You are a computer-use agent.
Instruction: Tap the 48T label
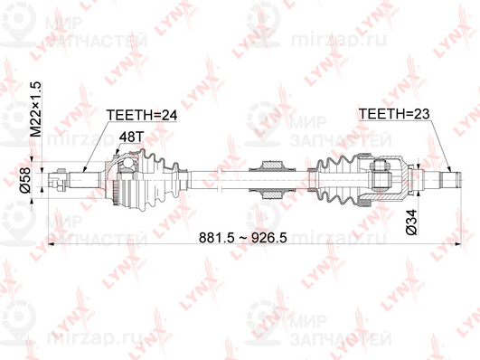tap(132, 137)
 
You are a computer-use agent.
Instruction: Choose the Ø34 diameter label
tap(411, 223)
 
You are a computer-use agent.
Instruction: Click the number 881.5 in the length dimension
tap(223, 239)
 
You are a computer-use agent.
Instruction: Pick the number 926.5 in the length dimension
tap(287, 239)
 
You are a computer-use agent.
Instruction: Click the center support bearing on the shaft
tap(271, 178)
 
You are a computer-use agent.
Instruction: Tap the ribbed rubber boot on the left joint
tap(160, 178)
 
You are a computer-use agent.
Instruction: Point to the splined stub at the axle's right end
tap(443, 178)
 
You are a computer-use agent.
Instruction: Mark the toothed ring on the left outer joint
tap(113, 178)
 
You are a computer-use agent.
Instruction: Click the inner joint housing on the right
tap(389, 178)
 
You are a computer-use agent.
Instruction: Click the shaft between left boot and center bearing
tap(221, 178)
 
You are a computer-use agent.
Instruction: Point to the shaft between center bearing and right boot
tap(301, 178)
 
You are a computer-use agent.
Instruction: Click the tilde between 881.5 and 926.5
tap(256, 239)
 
